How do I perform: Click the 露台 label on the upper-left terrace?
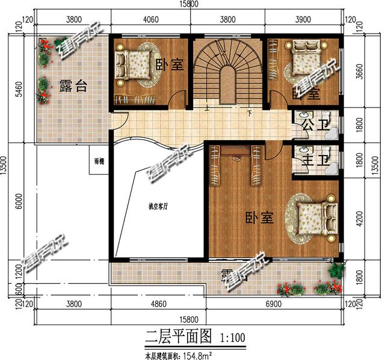[x=73, y=86]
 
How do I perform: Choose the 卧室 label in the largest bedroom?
[x=259, y=218]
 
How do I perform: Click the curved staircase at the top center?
[x=228, y=72]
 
